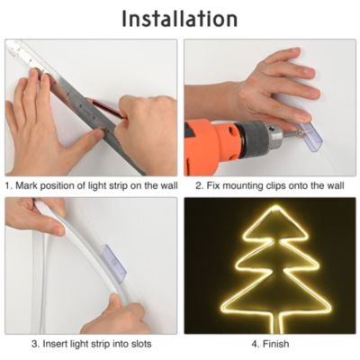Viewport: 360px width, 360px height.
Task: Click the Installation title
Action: tap(180, 18)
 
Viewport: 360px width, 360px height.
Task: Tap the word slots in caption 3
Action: tap(136, 344)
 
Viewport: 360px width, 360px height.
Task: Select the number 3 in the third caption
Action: tap(35, 344)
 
